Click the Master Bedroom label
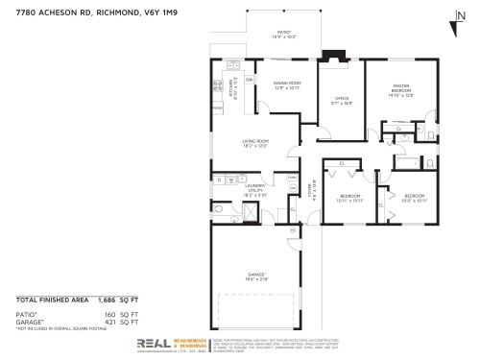[400, 91]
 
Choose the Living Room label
[254, 143]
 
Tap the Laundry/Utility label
[255, 189]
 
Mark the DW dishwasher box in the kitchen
[250, 80]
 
